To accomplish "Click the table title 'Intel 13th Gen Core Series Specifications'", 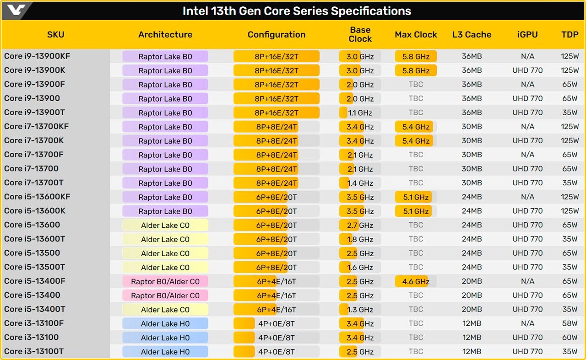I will click(x=297, y=11).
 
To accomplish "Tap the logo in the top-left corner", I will click(x=16, y=10).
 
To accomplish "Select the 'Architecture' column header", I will click(x=165, y=35).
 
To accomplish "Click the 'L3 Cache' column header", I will click(x=472, y=35).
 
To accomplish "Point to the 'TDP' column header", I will click(x=570, y=35).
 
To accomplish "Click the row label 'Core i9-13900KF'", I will click(x=37, y=56).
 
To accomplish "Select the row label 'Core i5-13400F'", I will click(x=34, y=281).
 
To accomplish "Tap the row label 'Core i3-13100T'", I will click(x=34, y=351).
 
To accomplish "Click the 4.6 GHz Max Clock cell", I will click(x=416, y=281).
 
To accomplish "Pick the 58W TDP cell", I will click(x=570, y=323).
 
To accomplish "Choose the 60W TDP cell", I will click(x=570, y=338).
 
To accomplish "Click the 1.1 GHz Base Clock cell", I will click(x=360, y=113).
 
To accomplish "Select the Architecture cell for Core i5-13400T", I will click(x=165, y=310).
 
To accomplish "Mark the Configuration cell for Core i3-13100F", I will click(x=276, y=324).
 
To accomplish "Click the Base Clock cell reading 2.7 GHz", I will click(x=360, y=225).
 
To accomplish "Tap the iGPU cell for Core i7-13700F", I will click(x=527, y=155).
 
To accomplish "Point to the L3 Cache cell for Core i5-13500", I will click(x=472, y=253).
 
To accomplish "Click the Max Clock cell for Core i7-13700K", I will click(x=416, y=141).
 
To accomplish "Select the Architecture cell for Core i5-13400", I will click(x=165, y=296).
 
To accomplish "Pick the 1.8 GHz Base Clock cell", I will click(x=360, y=239).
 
